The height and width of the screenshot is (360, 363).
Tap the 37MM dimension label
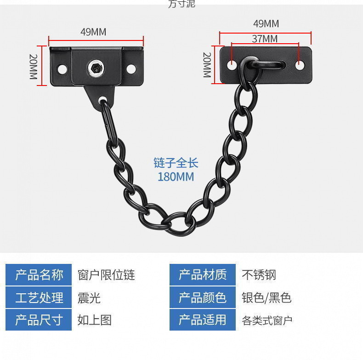tap(265, 39)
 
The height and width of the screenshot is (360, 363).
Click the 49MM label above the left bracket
tap(93, 32)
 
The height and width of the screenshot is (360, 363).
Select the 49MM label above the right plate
tap(266, 23)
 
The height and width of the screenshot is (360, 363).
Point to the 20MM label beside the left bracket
tap(34, 66)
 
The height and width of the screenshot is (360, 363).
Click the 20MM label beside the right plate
tap(207, 64)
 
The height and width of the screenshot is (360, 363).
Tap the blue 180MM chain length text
tap(176, 177)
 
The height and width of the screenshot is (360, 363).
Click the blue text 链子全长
tap(176, 163)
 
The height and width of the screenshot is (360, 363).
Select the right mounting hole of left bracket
tap(131, 69)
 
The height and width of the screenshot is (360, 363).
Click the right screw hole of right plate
tap(300, 65)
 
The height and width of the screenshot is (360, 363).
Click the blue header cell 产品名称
tap(39, 275)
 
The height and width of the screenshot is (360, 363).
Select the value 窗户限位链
tap(106, 275)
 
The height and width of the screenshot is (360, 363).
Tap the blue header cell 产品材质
tap(203, 275)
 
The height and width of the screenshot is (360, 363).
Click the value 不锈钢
tap(259, 275)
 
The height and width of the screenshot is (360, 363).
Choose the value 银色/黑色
tap(267, 297)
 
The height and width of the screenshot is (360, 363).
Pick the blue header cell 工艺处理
tap(39, 297)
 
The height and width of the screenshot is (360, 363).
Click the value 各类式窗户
tap(267, 320)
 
